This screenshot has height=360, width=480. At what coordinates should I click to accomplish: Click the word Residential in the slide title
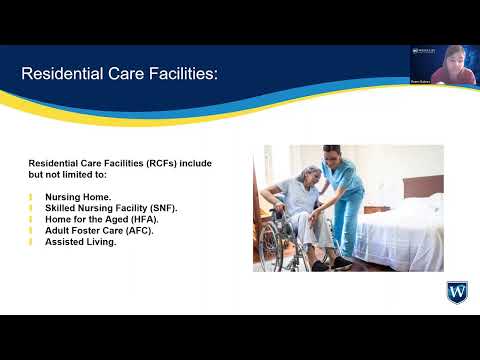[61, 74]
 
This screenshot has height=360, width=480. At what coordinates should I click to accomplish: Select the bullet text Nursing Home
[78, 197]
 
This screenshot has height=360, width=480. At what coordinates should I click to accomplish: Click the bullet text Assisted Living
[81, 241]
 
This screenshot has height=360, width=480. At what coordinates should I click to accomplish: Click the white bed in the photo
[405, 236]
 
